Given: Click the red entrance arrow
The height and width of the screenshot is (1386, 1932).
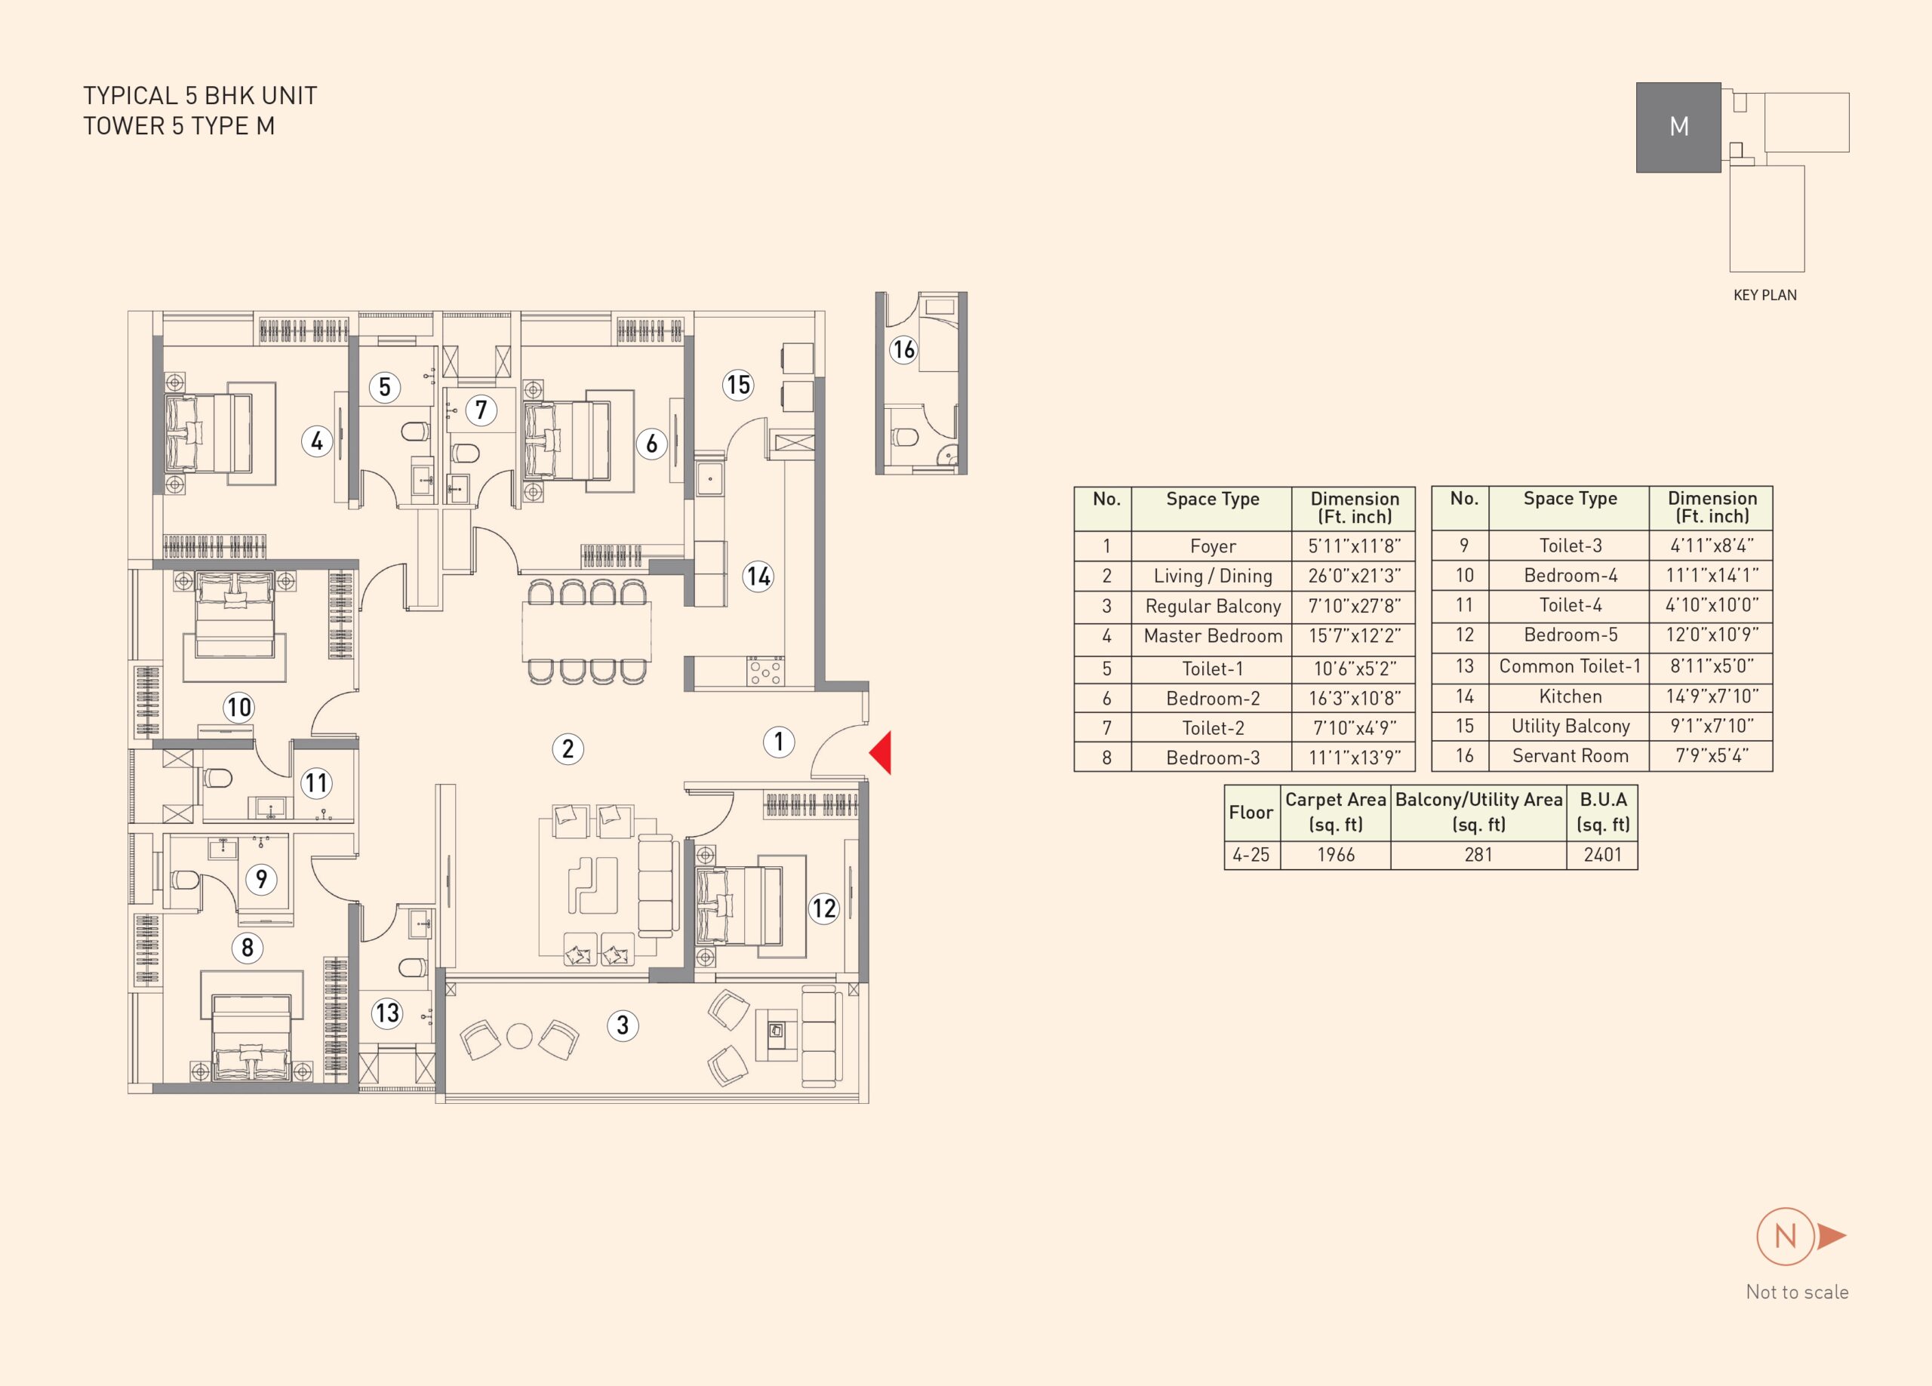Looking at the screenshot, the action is click(881, 752).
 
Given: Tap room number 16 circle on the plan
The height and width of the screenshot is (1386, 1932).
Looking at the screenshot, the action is click(903, 349).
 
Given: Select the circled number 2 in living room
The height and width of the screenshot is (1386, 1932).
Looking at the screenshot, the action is click(568, 748).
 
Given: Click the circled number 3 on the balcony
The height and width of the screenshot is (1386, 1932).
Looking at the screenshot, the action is click(623, 1025).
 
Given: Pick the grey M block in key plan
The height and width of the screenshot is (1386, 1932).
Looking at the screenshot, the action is click(1678, 128).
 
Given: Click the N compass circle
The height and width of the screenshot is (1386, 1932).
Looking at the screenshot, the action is click(1785, 1236).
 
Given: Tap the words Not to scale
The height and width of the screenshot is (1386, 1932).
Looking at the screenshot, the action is click(1797, 1292).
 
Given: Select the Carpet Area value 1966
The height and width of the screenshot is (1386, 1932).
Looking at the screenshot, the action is click(1335, 854).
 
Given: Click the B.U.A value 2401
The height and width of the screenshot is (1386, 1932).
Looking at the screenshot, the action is click(1601, 854).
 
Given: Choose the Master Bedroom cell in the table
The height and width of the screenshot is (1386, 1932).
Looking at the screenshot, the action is click(1212, 636).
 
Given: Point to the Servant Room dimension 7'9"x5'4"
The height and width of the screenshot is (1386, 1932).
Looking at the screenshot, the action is click(1712, 755).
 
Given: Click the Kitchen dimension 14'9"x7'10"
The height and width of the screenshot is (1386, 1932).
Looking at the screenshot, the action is click(1712, 696).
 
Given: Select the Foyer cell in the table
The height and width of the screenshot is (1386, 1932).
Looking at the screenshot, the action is click(1212, 546).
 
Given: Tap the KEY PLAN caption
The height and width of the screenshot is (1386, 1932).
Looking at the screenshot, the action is click(1765, 295).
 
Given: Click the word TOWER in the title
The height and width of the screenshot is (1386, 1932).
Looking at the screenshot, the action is click(125, 126).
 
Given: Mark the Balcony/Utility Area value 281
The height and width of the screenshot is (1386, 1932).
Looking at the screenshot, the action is click(1478, 854).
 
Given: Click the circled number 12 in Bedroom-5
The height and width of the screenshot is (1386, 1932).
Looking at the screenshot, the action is click(823, 908).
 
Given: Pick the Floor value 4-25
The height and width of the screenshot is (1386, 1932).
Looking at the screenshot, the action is click(1251, 854).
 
